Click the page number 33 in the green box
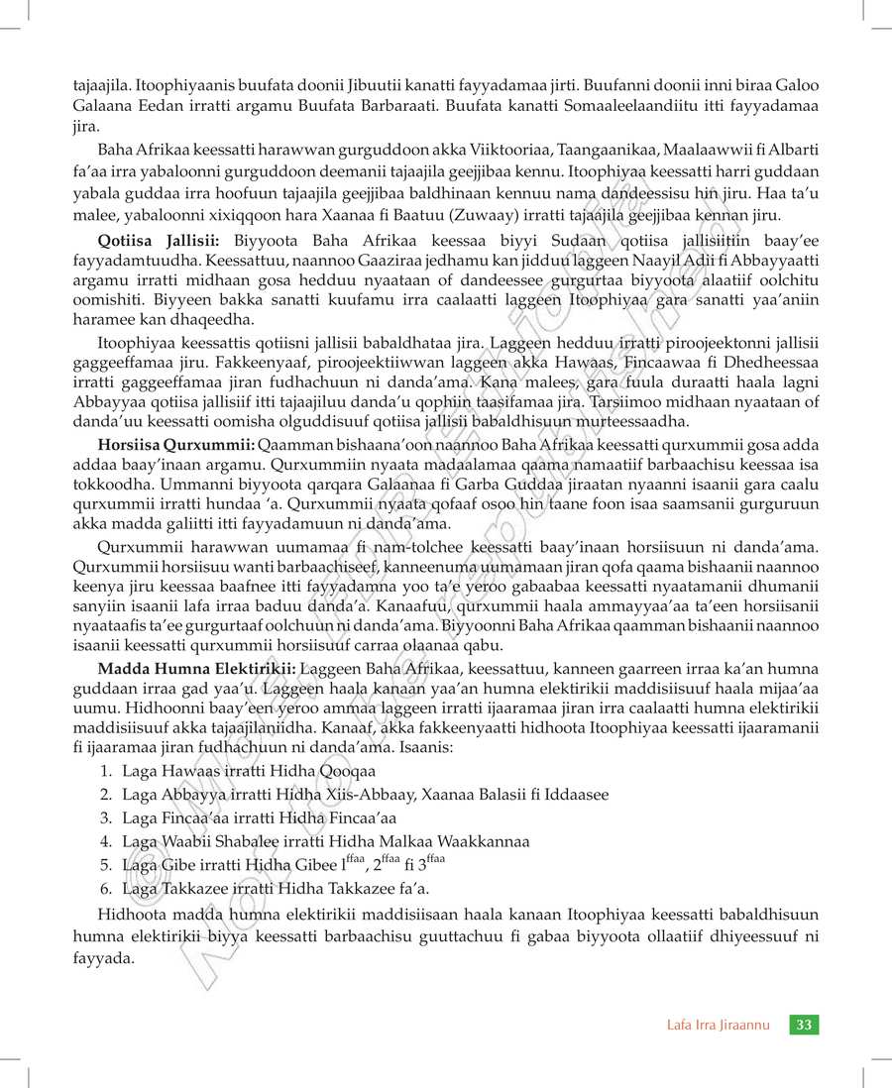pyautogui.click(x=804, y=1025)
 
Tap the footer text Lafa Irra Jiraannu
pyautogui.click(x=718, y=1025)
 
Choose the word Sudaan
pyautogui.click(x=575, y=241)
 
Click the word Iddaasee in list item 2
pyautogui.click(x=576, y=794)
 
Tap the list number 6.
pyautogui.click(x=105, y=888)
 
